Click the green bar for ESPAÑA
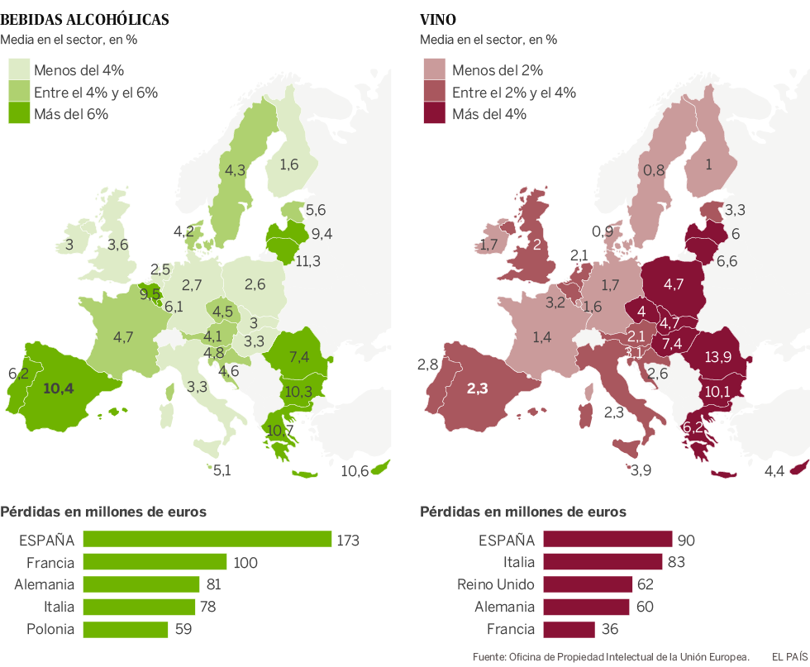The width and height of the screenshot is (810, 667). pyautogui.click(x=207, y=540)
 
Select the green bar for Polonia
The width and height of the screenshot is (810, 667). pyautogui.click(x=126, y=629)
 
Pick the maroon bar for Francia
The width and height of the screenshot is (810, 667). pyautogui.click(x=568, y=629)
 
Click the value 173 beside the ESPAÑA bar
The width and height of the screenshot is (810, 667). pyautogui.click(x=348, y=541)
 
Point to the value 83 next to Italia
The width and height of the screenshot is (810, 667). pyautogui.click(x=676, y=562)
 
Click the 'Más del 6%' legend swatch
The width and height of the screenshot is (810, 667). pyautogui.click(x=18, y=114)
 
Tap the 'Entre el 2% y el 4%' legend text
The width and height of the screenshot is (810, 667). pyautogui.click(x=514, y=93)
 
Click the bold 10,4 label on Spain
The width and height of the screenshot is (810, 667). pyautogui.click(x=59, y=388)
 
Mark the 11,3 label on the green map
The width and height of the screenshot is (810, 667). pyautogui.click(x=308, y=261)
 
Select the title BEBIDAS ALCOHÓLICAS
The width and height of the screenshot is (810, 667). pyautogui.click(x=85, y=19)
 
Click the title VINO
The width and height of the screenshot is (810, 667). pyautogui.click(x=439, y=19)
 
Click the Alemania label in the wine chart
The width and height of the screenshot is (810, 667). pyautogui.click(x=507, y=607)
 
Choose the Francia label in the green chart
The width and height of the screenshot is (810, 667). pyautogui.click(x=51, y=562)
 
